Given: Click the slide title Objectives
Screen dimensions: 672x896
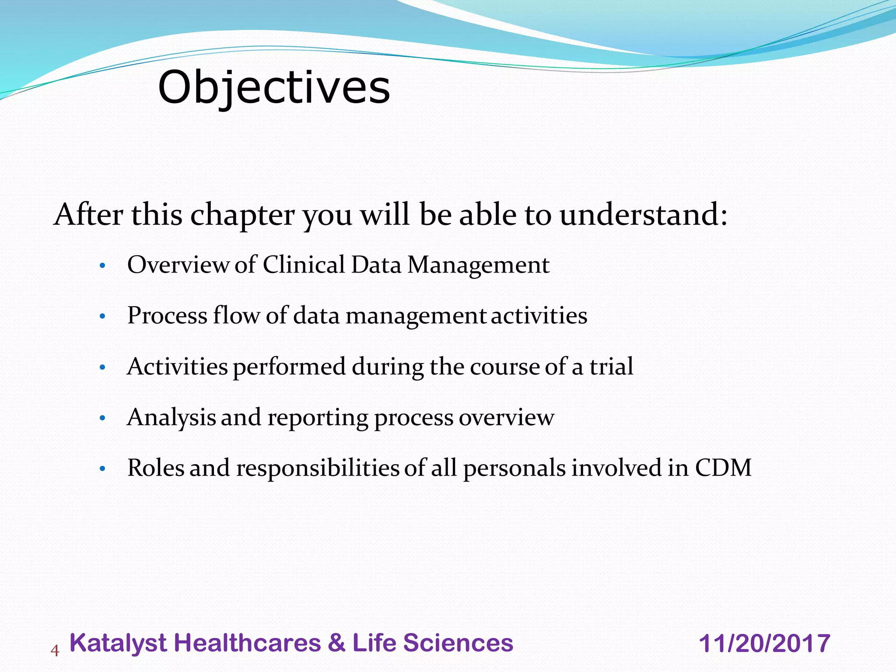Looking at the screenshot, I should tap(274, 88).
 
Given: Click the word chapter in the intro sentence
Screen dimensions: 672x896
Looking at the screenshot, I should tap(242, 215).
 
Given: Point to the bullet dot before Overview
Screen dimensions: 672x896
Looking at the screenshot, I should tap(102, 266).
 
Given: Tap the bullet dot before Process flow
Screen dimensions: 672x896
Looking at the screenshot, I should tap(102, 316).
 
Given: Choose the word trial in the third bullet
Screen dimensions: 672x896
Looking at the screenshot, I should tap(611, 366).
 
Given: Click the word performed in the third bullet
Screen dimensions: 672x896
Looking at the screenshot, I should tap(289, 367).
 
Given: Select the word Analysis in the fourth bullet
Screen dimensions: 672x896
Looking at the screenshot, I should tap(171, 418).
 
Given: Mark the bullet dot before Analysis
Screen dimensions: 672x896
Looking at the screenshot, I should tap(102, 418).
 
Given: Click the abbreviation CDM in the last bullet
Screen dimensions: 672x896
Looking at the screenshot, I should tap(723, 468).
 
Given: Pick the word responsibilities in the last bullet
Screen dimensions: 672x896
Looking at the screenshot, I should tap(318, 469).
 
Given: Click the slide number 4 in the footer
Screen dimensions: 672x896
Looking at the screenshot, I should tap(55, 651).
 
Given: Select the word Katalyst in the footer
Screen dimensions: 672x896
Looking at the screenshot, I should tap(118, 643).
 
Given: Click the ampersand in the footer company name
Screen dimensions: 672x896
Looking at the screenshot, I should tap(336, 643).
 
